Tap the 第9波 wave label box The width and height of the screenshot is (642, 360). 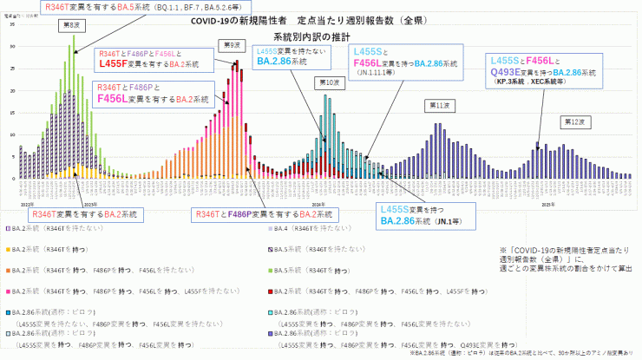point(232,45)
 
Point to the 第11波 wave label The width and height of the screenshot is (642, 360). point(439,104)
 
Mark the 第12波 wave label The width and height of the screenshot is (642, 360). point(570,121)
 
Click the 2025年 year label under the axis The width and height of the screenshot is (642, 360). point(548,180)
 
